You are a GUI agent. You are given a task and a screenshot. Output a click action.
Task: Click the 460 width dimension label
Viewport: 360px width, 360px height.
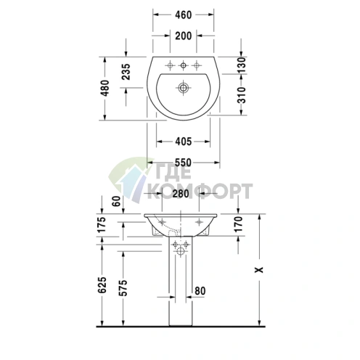pyautogui.click(x=184, y=14)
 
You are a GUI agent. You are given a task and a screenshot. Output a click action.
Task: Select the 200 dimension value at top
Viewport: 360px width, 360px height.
pyautogui.click(x=184, y=36)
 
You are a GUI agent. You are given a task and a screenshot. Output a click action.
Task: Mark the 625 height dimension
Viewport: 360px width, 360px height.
pyautogui.click(x=103, y=285)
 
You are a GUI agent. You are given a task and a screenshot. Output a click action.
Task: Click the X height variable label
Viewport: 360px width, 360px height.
pyautogui.click(x=258, y=268)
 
